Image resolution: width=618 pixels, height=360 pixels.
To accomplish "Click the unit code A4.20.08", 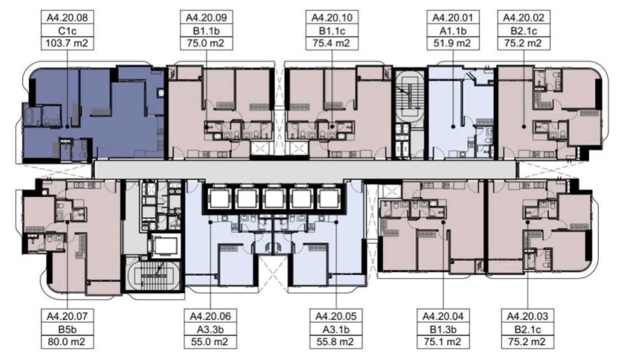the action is coord(67,18).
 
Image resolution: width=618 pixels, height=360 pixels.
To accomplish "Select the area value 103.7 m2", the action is coord(67,43).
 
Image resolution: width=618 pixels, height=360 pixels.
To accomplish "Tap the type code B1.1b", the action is coord(207,30).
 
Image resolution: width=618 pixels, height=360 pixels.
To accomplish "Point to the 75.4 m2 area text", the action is coord(332,43).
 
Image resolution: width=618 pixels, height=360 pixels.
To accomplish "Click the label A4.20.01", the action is coord(452,18).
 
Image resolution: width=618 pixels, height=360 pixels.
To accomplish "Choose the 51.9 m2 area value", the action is coord(452,43).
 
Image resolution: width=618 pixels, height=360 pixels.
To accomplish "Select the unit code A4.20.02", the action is coord(523,18).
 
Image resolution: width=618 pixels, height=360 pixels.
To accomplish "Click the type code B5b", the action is coord(67,329).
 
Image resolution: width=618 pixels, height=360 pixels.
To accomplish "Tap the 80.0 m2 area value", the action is coord(67,342).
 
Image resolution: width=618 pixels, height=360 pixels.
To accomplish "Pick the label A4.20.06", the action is coord(210,316).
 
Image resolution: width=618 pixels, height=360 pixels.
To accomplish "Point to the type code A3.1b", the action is coord(336,329).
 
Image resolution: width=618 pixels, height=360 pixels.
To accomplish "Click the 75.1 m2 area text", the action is coord(443,342).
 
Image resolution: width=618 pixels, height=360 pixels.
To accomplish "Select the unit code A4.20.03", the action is coord(528,316).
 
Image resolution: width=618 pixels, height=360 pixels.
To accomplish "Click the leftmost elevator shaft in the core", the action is coord(219,198).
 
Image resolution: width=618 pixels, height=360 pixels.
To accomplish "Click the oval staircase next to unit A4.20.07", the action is coord(153,275).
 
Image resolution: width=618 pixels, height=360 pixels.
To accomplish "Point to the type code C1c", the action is coord(67,30).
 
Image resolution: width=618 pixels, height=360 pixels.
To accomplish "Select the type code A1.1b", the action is coord(452,30).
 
